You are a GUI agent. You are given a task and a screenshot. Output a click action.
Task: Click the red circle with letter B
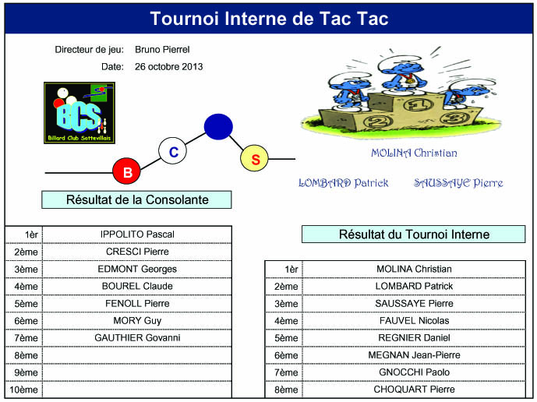point(127,171)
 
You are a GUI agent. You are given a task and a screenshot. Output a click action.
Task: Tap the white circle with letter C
point(172,151)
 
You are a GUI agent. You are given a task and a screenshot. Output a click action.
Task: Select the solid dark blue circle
point(218,127)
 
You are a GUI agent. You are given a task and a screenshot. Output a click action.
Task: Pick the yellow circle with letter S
point(254,158)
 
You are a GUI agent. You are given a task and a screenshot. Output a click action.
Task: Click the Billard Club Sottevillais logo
point(79,113)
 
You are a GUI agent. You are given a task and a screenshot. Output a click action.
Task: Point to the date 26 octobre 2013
point(168,67)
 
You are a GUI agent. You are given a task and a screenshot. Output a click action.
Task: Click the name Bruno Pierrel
point(162,50)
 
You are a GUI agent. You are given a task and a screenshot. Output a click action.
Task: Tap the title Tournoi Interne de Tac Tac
point(269,19)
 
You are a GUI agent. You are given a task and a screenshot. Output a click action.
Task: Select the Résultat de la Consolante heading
point(136,199)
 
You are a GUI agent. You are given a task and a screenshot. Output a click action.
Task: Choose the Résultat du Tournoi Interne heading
point(413,235)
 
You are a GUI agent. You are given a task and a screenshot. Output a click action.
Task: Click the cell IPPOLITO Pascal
point(137,235)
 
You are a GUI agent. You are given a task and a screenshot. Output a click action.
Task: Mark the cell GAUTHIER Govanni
point(137,337)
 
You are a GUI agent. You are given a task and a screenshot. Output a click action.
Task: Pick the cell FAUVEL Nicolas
point(414,320)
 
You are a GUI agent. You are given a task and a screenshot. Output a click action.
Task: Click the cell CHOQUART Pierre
point(414,390)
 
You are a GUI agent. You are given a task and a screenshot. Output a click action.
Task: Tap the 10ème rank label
point(23,390)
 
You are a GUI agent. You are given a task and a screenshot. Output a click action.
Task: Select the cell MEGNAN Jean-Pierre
point(414,355)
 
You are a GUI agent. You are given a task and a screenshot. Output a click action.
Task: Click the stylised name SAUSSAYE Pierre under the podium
point(458,183)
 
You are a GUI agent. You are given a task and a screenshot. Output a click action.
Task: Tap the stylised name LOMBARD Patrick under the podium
point(344,183)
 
